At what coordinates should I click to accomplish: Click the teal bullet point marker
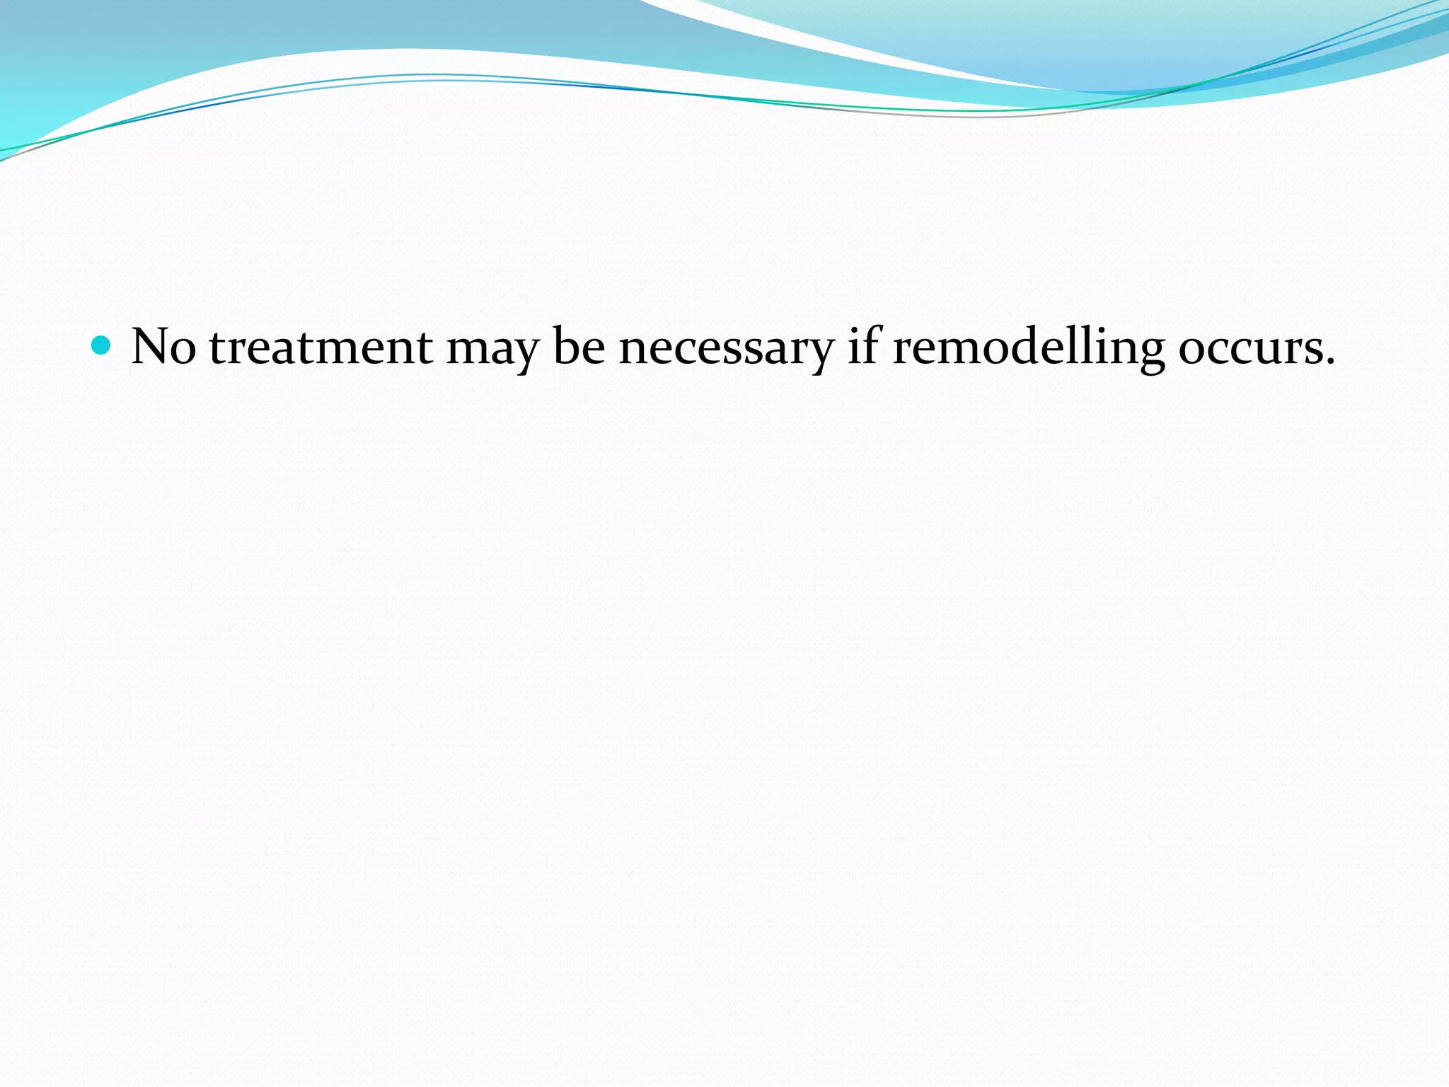103,345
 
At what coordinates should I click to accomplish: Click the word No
163,347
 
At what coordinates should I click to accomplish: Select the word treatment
321,347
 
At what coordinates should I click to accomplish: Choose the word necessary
726,350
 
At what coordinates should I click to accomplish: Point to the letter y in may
524,354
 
